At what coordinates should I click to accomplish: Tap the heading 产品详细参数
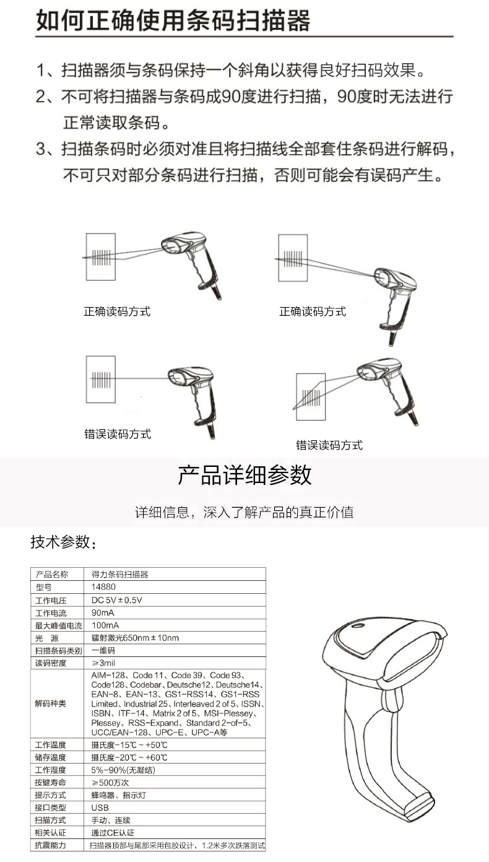244,475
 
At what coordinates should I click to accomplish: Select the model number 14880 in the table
103,587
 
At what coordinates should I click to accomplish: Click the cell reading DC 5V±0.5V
116,600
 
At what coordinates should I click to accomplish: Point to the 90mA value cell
103,612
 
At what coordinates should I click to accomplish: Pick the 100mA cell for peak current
105,625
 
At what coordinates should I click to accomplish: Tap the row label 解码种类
50,703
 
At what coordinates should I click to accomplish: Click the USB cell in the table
100,808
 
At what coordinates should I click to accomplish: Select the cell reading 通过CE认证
113,833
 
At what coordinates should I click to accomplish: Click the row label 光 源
46,638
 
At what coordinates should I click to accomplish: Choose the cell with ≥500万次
110,782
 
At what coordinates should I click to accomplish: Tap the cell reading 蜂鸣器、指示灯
118,795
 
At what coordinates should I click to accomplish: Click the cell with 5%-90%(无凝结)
123,770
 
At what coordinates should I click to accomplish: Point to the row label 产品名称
51,575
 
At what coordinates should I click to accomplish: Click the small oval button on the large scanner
358,625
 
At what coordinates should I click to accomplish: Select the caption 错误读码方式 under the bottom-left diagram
118,434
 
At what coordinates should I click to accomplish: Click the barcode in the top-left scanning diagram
101,257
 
